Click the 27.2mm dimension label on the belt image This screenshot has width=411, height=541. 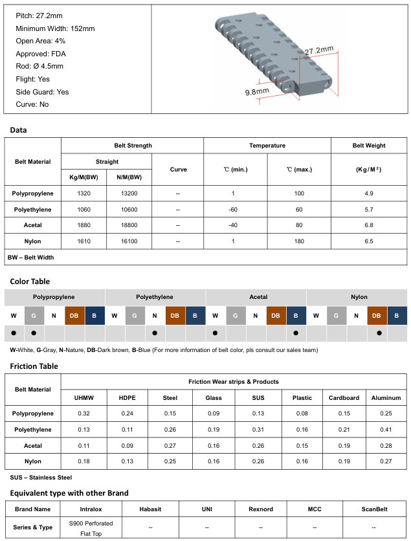point(318,50)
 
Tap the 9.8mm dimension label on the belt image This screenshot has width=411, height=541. point(257,92)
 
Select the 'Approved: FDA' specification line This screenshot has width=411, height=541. point(41,54)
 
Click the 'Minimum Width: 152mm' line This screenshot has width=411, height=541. point(55,28)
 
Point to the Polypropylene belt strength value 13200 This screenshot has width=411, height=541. point(129,193)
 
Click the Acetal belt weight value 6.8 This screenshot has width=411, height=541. point(369,225)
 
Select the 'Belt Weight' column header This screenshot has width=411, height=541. point(369,146)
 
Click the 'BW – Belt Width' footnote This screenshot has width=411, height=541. point(30,257)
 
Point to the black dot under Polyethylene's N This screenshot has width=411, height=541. point(155,333)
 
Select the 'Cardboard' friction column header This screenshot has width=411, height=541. point(344,398)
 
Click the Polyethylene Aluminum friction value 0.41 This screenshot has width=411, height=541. point(386,429)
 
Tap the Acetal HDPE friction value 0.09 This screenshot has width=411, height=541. point(127,445)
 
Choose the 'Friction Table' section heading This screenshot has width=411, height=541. point(34,366)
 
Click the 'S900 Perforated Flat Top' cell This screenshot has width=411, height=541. point(91,527)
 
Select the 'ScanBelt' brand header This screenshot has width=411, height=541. point(374,509)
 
